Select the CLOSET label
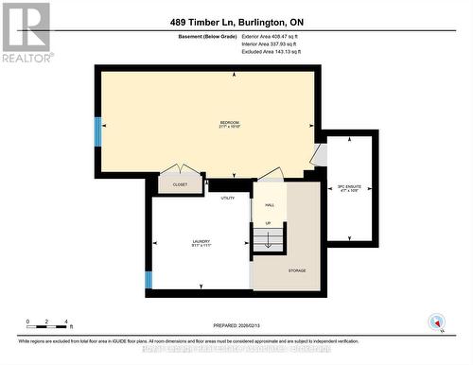click(180, 184)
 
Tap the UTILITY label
click(227, 198)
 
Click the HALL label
click(270, 205)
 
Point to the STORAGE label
click(298, 271)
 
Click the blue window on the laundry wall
click(148, 280)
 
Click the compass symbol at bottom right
click(436, 322)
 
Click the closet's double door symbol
click(179, 171)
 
